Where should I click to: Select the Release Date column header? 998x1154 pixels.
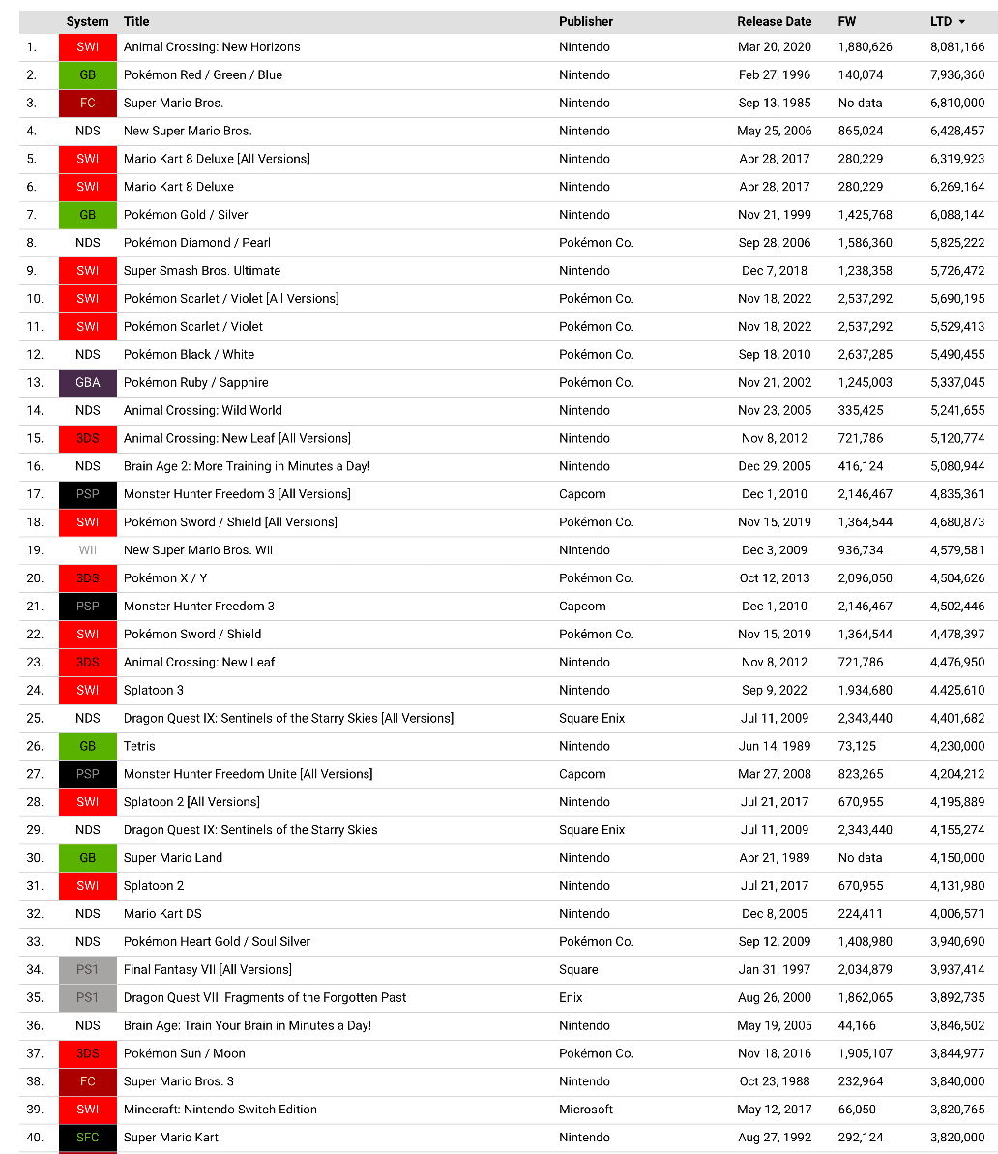click(774, 21)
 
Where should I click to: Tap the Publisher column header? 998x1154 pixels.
click(586, 21)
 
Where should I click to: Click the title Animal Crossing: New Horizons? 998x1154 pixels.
click(212, 46)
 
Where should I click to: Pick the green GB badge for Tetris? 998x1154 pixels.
click(87, 746)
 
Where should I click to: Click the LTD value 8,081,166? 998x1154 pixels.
click(956, 46)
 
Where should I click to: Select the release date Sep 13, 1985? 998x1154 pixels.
click(775, 103)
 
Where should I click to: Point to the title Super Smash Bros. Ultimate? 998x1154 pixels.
click(202, 270)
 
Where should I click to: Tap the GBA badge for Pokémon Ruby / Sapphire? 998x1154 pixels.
click(87, 382)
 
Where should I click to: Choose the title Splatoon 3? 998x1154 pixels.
click(154, 690)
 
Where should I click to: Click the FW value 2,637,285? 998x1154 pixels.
click(865, 354)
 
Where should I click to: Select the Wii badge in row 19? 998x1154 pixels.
click(87, 549)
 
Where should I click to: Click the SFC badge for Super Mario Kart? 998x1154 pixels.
click(87, 1137)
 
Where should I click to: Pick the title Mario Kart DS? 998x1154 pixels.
click(162, 913)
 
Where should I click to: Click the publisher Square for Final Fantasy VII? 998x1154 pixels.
click(578, 969)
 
